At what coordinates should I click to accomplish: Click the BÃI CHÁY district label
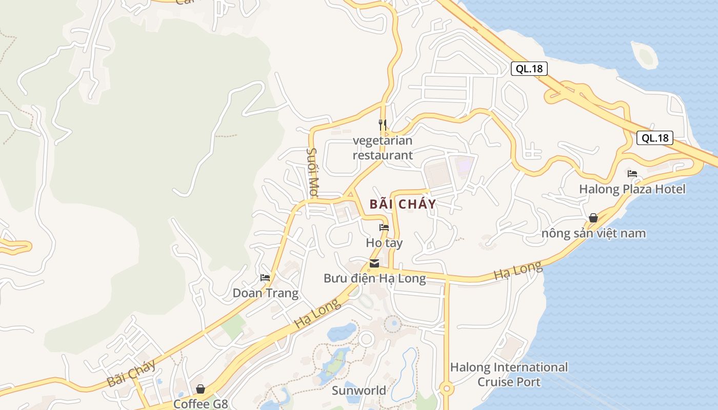[403, 204]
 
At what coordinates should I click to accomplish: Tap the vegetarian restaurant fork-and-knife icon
[383, 125]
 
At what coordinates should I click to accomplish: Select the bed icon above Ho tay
[384, 228]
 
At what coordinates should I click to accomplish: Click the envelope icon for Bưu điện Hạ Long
[374, 264]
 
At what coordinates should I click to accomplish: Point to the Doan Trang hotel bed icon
[265, 278]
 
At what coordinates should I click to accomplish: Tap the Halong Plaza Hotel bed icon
[632, 174]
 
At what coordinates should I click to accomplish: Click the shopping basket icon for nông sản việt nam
[593, 218]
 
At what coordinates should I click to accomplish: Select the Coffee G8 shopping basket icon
[201, 389]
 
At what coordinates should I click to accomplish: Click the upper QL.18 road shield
[529, 69]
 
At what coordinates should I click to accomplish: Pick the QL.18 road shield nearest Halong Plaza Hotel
[654, 138]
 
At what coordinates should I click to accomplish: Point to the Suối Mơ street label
[313, 173]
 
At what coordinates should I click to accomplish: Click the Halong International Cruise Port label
[509, 375]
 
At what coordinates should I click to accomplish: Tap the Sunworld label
[359, 391]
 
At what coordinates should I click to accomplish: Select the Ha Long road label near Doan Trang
[317, 314]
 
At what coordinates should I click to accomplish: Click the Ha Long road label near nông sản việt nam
[517, 271]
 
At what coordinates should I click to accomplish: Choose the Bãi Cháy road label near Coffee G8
[131, 374]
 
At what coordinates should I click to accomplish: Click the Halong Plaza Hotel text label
[632, 189]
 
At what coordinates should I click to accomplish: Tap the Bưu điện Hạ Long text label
[374, 278]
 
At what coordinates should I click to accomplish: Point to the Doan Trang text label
[265, 293]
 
